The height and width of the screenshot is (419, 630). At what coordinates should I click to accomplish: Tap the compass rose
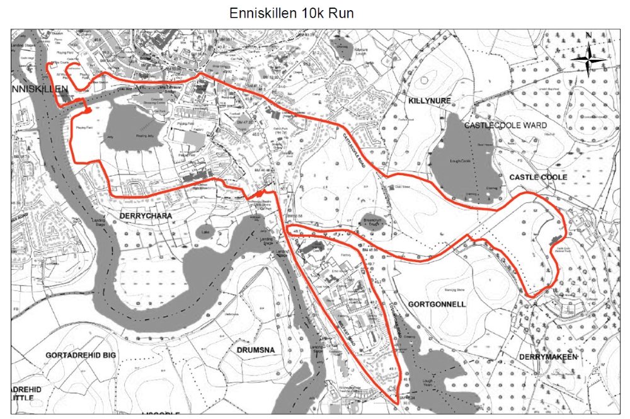coord(588,59)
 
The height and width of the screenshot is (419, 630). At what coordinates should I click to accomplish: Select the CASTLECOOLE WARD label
coord(505,126)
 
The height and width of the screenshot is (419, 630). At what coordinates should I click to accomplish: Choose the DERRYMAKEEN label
coord(547,357)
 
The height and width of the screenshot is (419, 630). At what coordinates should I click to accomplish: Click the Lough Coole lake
coord(463,158)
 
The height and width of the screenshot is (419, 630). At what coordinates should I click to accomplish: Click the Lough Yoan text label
coord(428,384)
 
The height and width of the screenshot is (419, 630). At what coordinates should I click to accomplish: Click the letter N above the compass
coord(588,35)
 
